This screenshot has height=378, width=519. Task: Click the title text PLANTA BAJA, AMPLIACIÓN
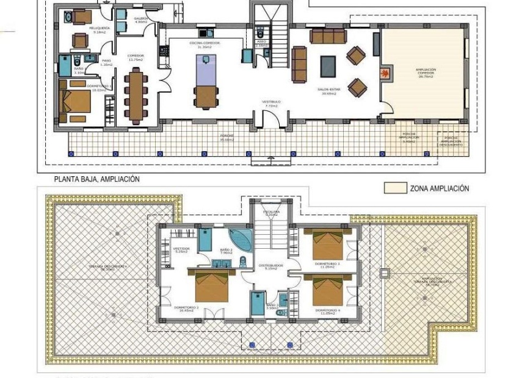tap(97, 179)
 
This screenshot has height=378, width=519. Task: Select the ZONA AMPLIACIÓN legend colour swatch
tap(395, 188)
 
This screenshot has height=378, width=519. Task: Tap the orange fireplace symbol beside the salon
tap(385, 73)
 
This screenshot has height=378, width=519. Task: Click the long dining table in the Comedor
tap(135, 94)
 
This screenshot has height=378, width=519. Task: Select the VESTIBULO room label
tap(271, 103)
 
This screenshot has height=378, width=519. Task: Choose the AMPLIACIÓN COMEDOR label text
tap(425, 73)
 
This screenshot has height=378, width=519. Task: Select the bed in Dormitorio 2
tap(211, 286)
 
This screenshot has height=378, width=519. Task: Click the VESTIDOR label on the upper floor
tap(181, 250)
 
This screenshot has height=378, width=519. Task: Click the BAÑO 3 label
tap(272, 306)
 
